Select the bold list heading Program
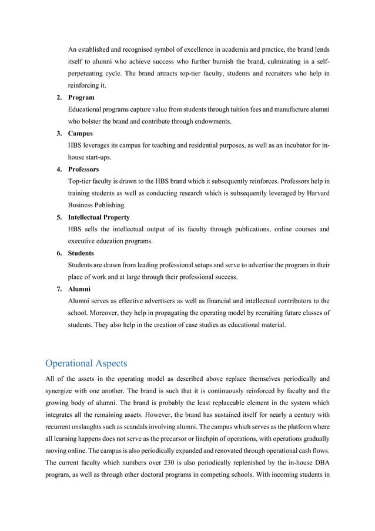tap(82, 97)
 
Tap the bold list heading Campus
tap(81, 134)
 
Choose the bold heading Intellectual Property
tap(101, 217)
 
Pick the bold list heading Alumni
tap(79, 290)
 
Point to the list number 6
tap(59, 254)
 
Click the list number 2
tap(59, 97)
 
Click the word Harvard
tap(315, 193)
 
